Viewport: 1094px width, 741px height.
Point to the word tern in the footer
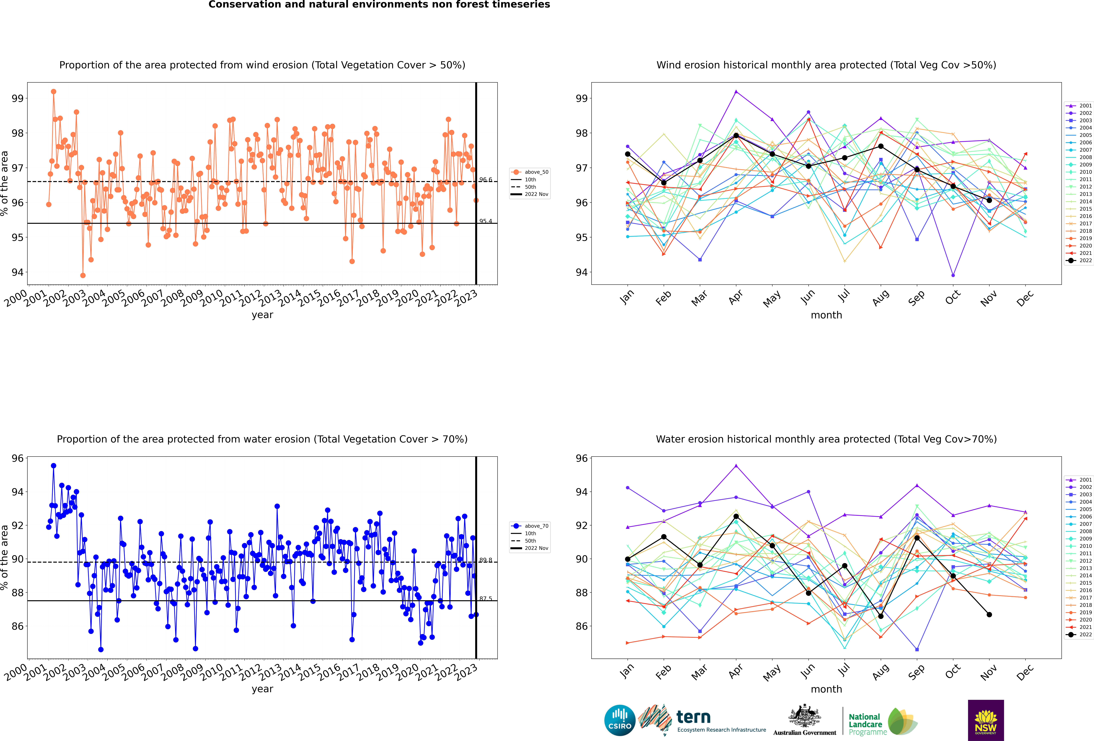(693, 717)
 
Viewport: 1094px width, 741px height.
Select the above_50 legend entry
(530, 172)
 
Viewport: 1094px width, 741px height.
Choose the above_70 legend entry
(530, 526)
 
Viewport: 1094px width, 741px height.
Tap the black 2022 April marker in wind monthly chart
(736, 135)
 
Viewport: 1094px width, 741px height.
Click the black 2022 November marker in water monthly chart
(989, 614)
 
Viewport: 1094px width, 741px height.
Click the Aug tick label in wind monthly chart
(881, 298)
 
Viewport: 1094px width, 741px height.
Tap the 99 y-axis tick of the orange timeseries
(17, 98)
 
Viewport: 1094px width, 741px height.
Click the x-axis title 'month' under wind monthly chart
(826, 315)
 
